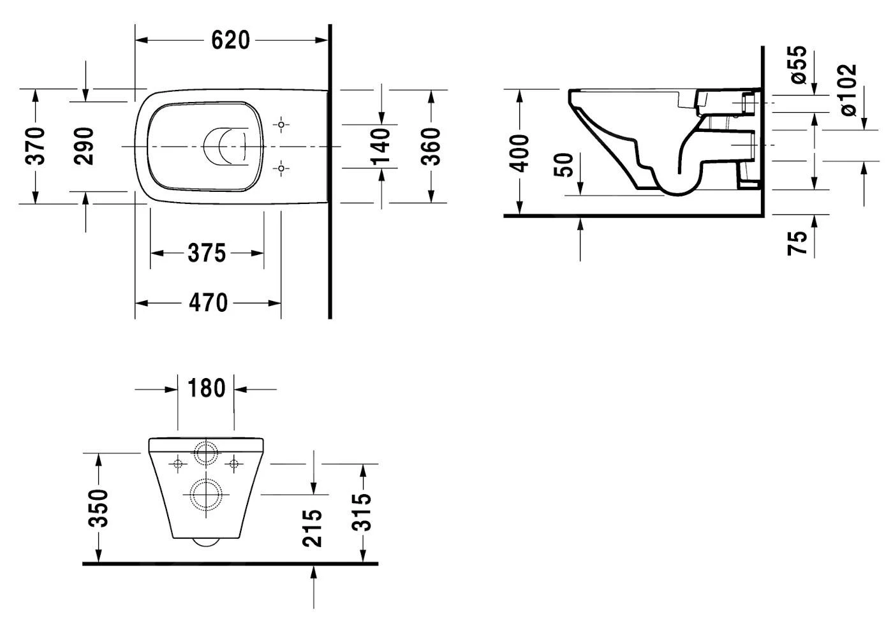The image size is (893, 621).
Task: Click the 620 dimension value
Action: pyautogui.click(x=230, y=40)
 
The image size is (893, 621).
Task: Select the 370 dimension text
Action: pyautogui.click(x=36, y=146)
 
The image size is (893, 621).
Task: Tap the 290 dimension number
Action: pyautogui.click(x=84, y=146)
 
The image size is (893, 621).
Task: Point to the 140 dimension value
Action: pyautogui.click(x=381, y=146)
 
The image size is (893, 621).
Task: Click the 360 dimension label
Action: pyautogui.click(x=432, y=146)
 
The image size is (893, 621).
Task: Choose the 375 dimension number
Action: pyautogui.click(x=207, y=253)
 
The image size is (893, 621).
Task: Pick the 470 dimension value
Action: pyautogui.click(x=208, y=302)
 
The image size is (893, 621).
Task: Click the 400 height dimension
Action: pyautogui.click(x=520, y=153)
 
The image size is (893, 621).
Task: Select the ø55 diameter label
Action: pyautogui.click(x=799, y=64)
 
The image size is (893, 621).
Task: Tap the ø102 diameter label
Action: pyautogui.click(x=848, y=89)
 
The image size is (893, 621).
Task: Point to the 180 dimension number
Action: pyautogui.click(x=206, y=388)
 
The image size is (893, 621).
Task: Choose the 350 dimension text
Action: pyautogui.click(x=98, y=508)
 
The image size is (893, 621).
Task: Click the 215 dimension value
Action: pyautogui.click(x=312, y=527)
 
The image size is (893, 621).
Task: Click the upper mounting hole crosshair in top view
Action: pyautogui.click(x=281, y=124)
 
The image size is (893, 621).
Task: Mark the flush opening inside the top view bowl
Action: pyautogui.click(x=225, y=146)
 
